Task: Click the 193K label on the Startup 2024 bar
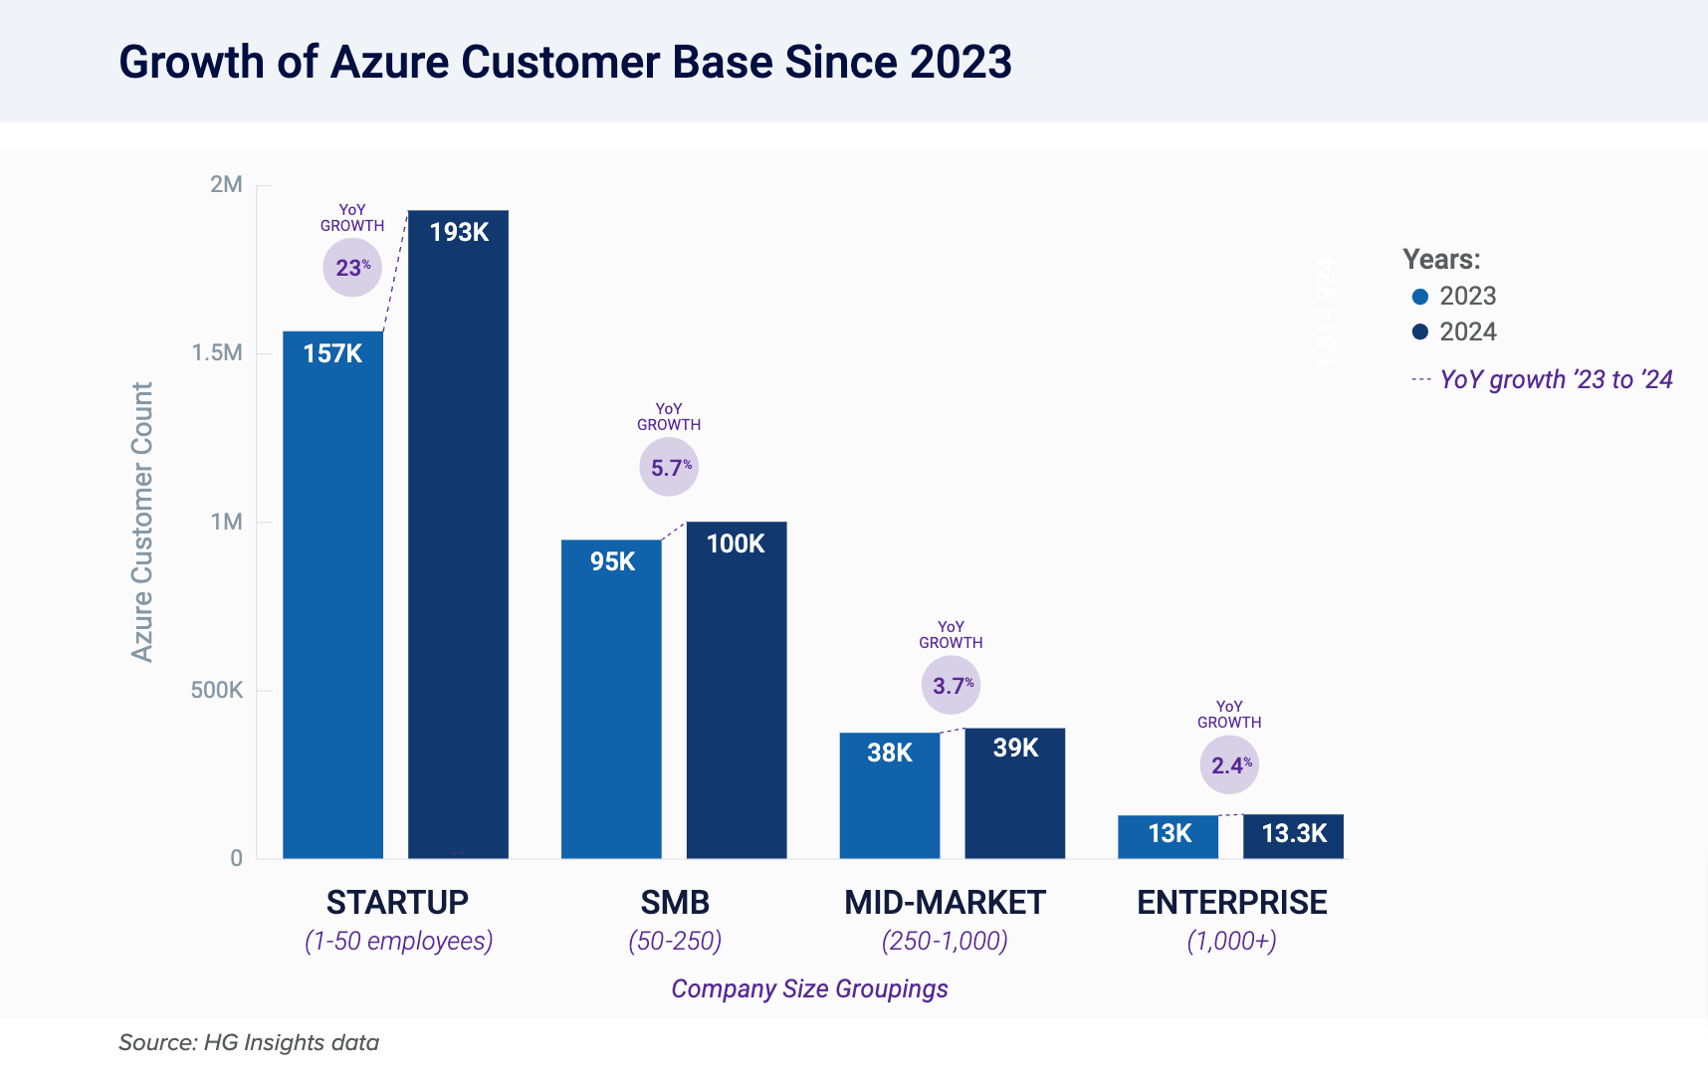coord(459,232)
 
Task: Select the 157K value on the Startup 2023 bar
coord(332,353)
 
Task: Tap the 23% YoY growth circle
coord(352,268)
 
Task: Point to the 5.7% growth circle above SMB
coord(669,467)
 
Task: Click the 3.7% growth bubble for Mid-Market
coord(951,685)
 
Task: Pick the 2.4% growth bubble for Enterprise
coord(1229,764)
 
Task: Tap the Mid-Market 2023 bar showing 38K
coord(889,796)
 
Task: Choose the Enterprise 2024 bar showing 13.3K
coord(1293,835)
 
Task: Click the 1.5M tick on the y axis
coord(217,353)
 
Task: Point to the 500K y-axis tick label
coord(217,690)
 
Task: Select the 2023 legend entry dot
coord(1420,297)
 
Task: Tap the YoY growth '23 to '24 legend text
coord(1556,379)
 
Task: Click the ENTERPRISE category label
coord(1231,902)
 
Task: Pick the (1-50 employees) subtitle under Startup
coord(398,941)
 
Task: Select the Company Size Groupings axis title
coord(809,988)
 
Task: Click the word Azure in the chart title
coord(389,62)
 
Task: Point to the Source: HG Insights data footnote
coord(249,1042)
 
